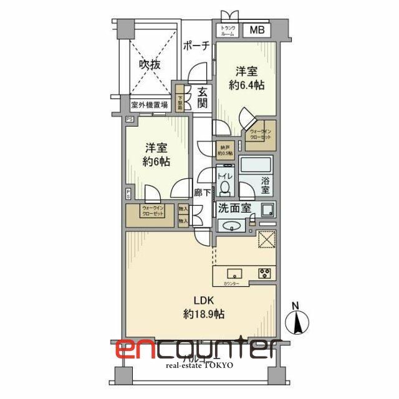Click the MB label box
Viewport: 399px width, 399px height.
point(257,31)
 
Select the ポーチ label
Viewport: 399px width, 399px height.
point(196,46)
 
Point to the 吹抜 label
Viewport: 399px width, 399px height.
point(150,64)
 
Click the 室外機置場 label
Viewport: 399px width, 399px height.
point(149,105)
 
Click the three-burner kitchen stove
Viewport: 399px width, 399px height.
point(264,272)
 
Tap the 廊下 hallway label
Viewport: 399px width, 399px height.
point(202,194)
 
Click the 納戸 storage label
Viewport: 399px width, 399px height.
point(224,150)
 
